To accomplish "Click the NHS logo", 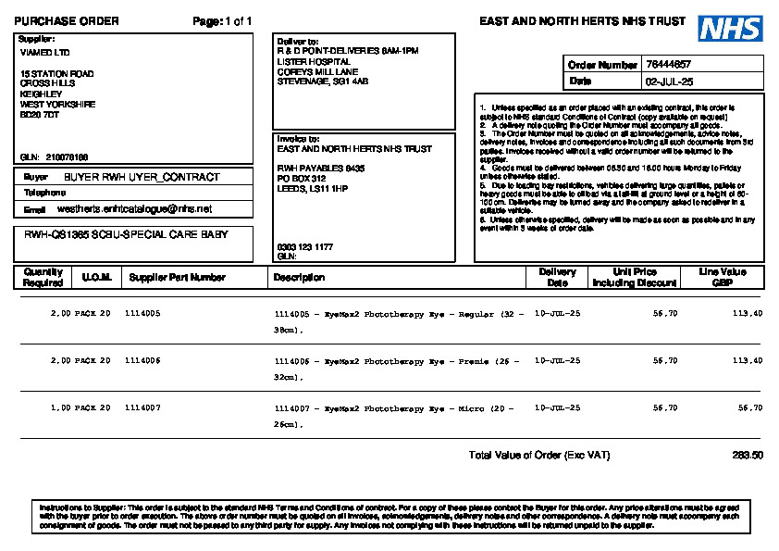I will [x=731, y=29].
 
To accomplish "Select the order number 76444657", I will [x=668, y=65].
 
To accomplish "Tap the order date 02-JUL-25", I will [x=668, y=81].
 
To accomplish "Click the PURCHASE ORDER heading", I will [x=67, y=21].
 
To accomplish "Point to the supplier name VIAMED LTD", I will [x=44, y=53].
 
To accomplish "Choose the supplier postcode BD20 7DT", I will [x=40, y=115].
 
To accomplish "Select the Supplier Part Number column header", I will [x=177, y=277].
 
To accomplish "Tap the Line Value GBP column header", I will [x=723, y=277].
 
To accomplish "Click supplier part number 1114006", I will [x=142, y=360].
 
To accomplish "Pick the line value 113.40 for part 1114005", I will [x=747, y=314].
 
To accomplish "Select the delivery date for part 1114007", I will [x=558, y=407].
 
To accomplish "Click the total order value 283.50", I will [x=748, y=456].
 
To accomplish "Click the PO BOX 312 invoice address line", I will [x=302, y=178].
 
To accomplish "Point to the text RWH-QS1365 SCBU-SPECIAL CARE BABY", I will [x=126, y=235].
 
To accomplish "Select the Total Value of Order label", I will [x=539, y=456].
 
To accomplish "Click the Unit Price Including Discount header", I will [x=635, y=277].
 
